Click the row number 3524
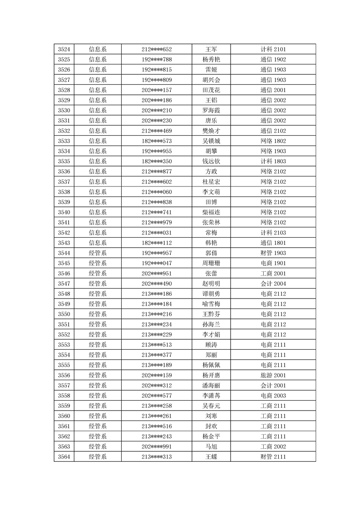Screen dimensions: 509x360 tap(64, 49)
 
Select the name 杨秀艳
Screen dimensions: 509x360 tap(211, 59)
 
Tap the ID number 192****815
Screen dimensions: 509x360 tap(157, 70)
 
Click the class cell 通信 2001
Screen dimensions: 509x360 tap(273, 90)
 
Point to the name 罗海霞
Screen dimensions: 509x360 tap(211, 111)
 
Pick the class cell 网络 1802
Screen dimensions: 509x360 tap(273, 141)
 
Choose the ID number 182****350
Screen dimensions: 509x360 tap(157, 162)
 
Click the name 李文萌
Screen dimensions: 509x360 tap(211, 192)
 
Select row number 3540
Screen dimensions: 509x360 tap(64, 212)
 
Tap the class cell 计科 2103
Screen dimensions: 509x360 tap(273, 233)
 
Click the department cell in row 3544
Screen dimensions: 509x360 tap(98, 253)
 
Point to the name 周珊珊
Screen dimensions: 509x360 tap(211, 263)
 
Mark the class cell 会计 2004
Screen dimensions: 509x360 tap(273, 284)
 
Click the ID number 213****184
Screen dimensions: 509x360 tap(157, 304)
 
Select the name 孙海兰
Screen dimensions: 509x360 tap(211, 324)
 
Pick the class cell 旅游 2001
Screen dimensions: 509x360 tap(273, 375)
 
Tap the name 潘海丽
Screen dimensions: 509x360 tap(211, 386)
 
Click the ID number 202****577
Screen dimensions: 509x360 tap(157, 396)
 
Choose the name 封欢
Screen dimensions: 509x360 tap(211, 426)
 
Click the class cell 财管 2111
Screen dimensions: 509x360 tap(273, 457)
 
